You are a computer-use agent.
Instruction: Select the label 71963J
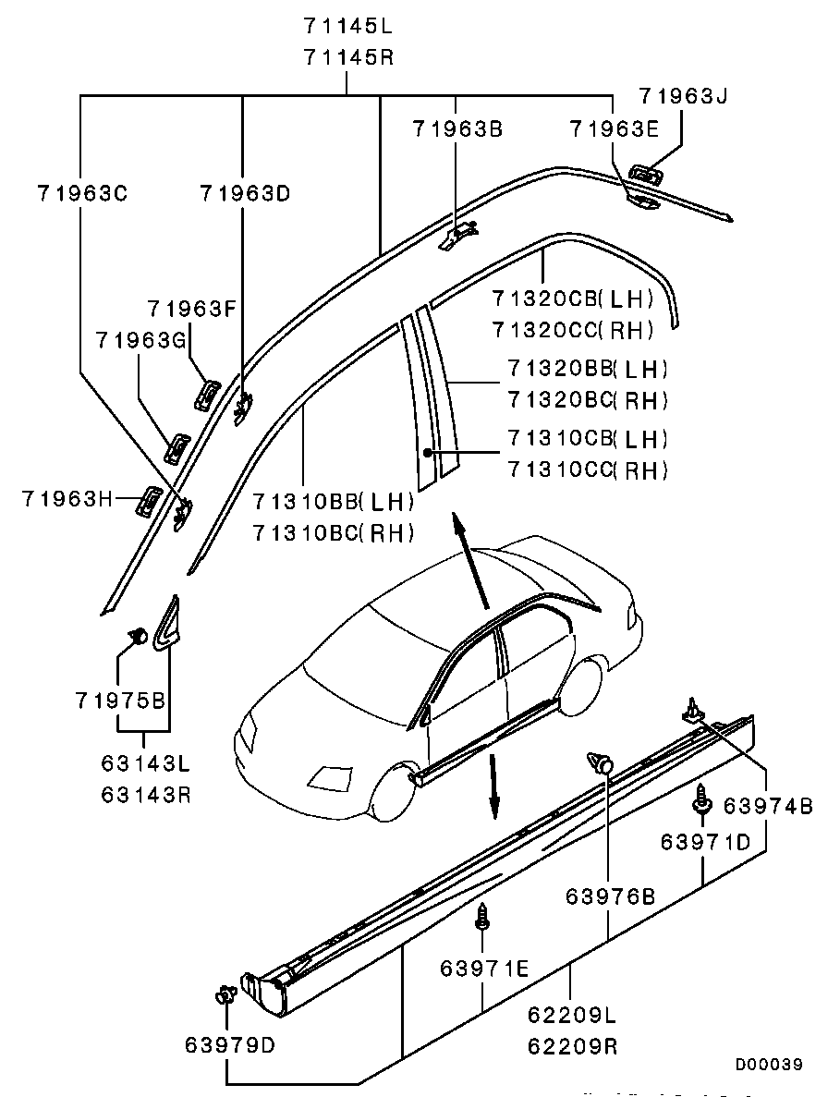click(x=685, y=95)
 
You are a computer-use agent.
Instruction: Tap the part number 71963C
click(x=81, y=193)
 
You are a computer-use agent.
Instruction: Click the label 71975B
click(x=120, y=700)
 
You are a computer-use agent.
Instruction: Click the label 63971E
click(x=483, y=968)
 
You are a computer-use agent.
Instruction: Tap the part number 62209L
click(x=572, y=1015)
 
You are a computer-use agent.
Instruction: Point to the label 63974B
click(x=768, y=807)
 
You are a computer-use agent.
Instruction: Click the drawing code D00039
click(x=769, y=1065)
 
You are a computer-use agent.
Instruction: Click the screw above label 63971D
click(x=703, y=798)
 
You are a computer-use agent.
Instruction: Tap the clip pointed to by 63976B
click(x=603, y=762)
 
